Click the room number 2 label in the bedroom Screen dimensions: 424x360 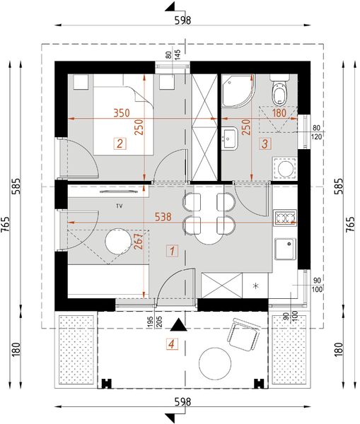(120, 144)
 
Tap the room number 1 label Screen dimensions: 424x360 (170, 249)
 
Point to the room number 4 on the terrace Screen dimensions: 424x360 (170, 346)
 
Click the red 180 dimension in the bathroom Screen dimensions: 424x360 (279, 112)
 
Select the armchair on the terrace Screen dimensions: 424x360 (243, 333)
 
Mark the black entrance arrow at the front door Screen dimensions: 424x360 (182, 326)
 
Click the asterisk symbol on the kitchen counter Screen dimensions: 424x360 (256, 286)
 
